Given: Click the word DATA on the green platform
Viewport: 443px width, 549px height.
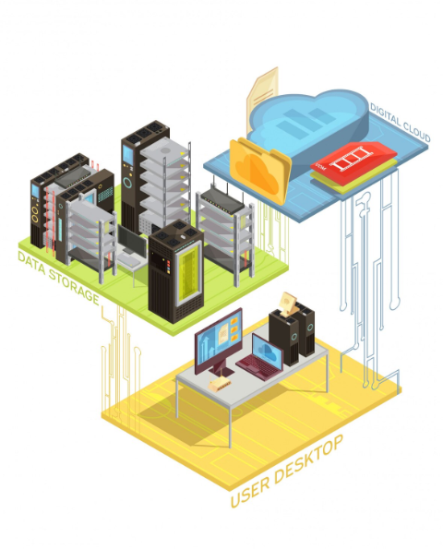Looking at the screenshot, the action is tap(31, 263).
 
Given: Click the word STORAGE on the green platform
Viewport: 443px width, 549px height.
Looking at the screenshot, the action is tap(74, 287).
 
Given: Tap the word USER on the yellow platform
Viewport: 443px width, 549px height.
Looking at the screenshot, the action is tap(250, 493).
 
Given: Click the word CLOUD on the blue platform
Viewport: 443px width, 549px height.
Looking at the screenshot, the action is tap(416, 132).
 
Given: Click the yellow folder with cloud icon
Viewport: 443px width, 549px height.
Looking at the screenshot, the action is tap(260, 171).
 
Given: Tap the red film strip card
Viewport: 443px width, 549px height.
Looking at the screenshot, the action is tap(353, 159).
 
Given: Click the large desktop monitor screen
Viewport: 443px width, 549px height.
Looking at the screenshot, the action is tap(219, 337).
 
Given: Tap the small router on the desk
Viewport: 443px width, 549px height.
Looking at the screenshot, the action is tap(220, 385).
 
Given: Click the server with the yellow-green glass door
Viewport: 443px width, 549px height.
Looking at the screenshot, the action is tap(176, 271).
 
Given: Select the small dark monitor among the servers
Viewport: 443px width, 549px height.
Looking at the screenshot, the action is tap(132, 241).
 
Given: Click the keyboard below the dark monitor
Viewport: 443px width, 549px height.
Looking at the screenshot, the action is tap(128, 258).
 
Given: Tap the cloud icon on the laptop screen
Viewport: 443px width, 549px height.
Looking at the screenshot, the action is tap(268, 351).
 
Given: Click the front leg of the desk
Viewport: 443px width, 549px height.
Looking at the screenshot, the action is tap(230, 426).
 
